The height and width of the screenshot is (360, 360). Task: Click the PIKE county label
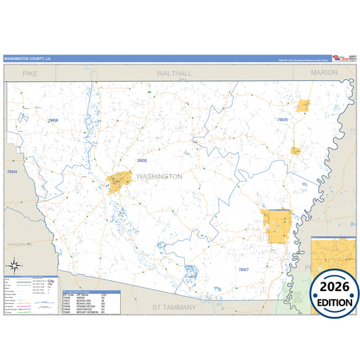pyautogui.click(x=30, y=72)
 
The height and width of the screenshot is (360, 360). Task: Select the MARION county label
pyautogui.click(x=324, y=72)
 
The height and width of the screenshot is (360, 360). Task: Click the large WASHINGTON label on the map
pyautogui.click(x=159, y=176)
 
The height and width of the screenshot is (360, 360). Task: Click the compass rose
pyautogui.click(x=14, y=265)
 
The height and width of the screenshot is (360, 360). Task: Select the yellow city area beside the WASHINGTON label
pyautogui.click(x=118, y=183)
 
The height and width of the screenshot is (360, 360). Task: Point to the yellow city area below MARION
pyautogui.click(x=303, y=106)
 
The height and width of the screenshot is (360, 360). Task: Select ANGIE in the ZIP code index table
pyautogui.click(x=84, y=298)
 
